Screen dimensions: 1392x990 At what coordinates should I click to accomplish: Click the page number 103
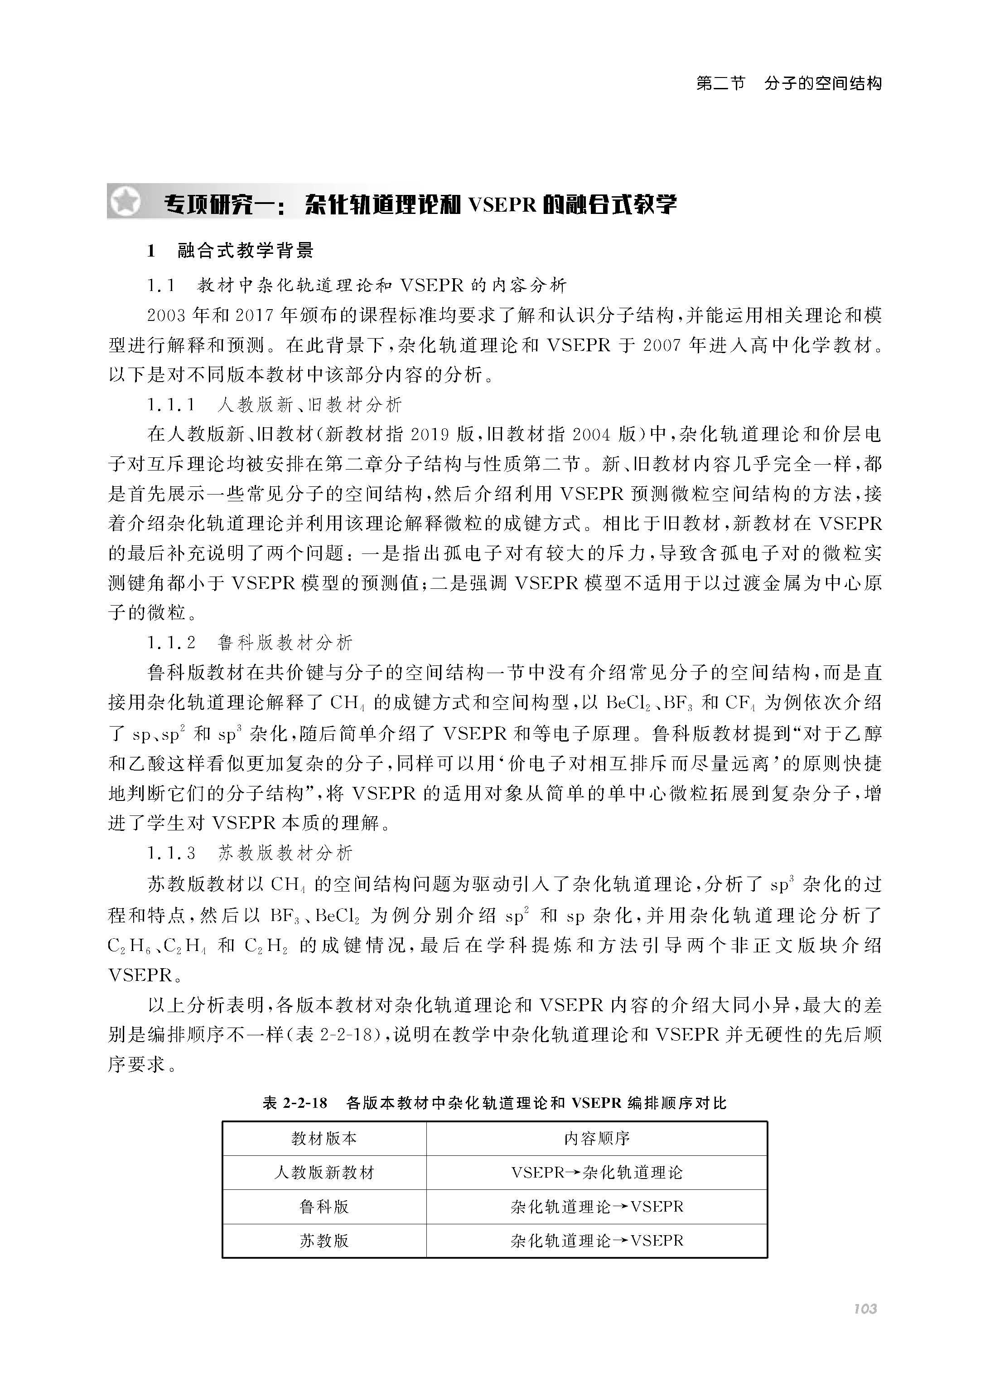[x=864, y=1309]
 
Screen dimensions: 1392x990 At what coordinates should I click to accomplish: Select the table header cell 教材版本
[x=324, y=1138]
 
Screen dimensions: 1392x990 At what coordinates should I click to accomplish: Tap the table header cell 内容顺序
[x=596, y=1138]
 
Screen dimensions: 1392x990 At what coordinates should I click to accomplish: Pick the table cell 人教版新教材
[x=324, y=1173]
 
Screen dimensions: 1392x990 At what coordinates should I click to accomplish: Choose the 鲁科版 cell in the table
[x=324, y=1207]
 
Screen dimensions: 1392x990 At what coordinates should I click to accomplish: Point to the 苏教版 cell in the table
[x=324, y=1241]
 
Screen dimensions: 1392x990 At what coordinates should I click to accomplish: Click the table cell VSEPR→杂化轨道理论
[x=596, y=1173]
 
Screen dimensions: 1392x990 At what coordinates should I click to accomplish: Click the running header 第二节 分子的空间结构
[x=789, y=83]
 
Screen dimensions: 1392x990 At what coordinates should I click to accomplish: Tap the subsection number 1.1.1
[x=171, y=405]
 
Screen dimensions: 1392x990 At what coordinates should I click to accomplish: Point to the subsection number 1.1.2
[x=171, y=643]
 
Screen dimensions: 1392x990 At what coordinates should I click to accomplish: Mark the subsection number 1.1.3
[x=171, y=853]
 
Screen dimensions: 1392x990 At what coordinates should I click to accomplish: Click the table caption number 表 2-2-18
[x=295, y=1103]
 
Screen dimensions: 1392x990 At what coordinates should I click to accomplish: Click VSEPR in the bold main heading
[x=501, y=204]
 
